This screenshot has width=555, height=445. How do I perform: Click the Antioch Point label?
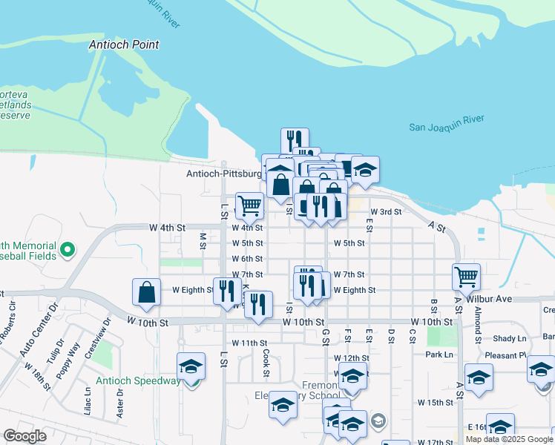(124, 44)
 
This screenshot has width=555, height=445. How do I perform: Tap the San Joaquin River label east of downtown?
(447, 122)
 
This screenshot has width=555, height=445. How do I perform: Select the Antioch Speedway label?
(139, 381)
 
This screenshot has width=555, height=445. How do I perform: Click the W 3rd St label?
(386, 211)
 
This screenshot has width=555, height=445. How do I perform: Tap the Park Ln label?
(439, 355)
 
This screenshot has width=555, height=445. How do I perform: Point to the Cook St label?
(265, 363)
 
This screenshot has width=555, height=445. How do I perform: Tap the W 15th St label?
(435, 403)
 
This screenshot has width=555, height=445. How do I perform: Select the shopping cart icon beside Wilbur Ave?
(466, 277)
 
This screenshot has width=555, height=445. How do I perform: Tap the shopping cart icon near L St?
(249, 205)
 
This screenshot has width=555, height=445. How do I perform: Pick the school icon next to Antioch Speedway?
(191, 367)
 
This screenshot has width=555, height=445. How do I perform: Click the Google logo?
(24, 436)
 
